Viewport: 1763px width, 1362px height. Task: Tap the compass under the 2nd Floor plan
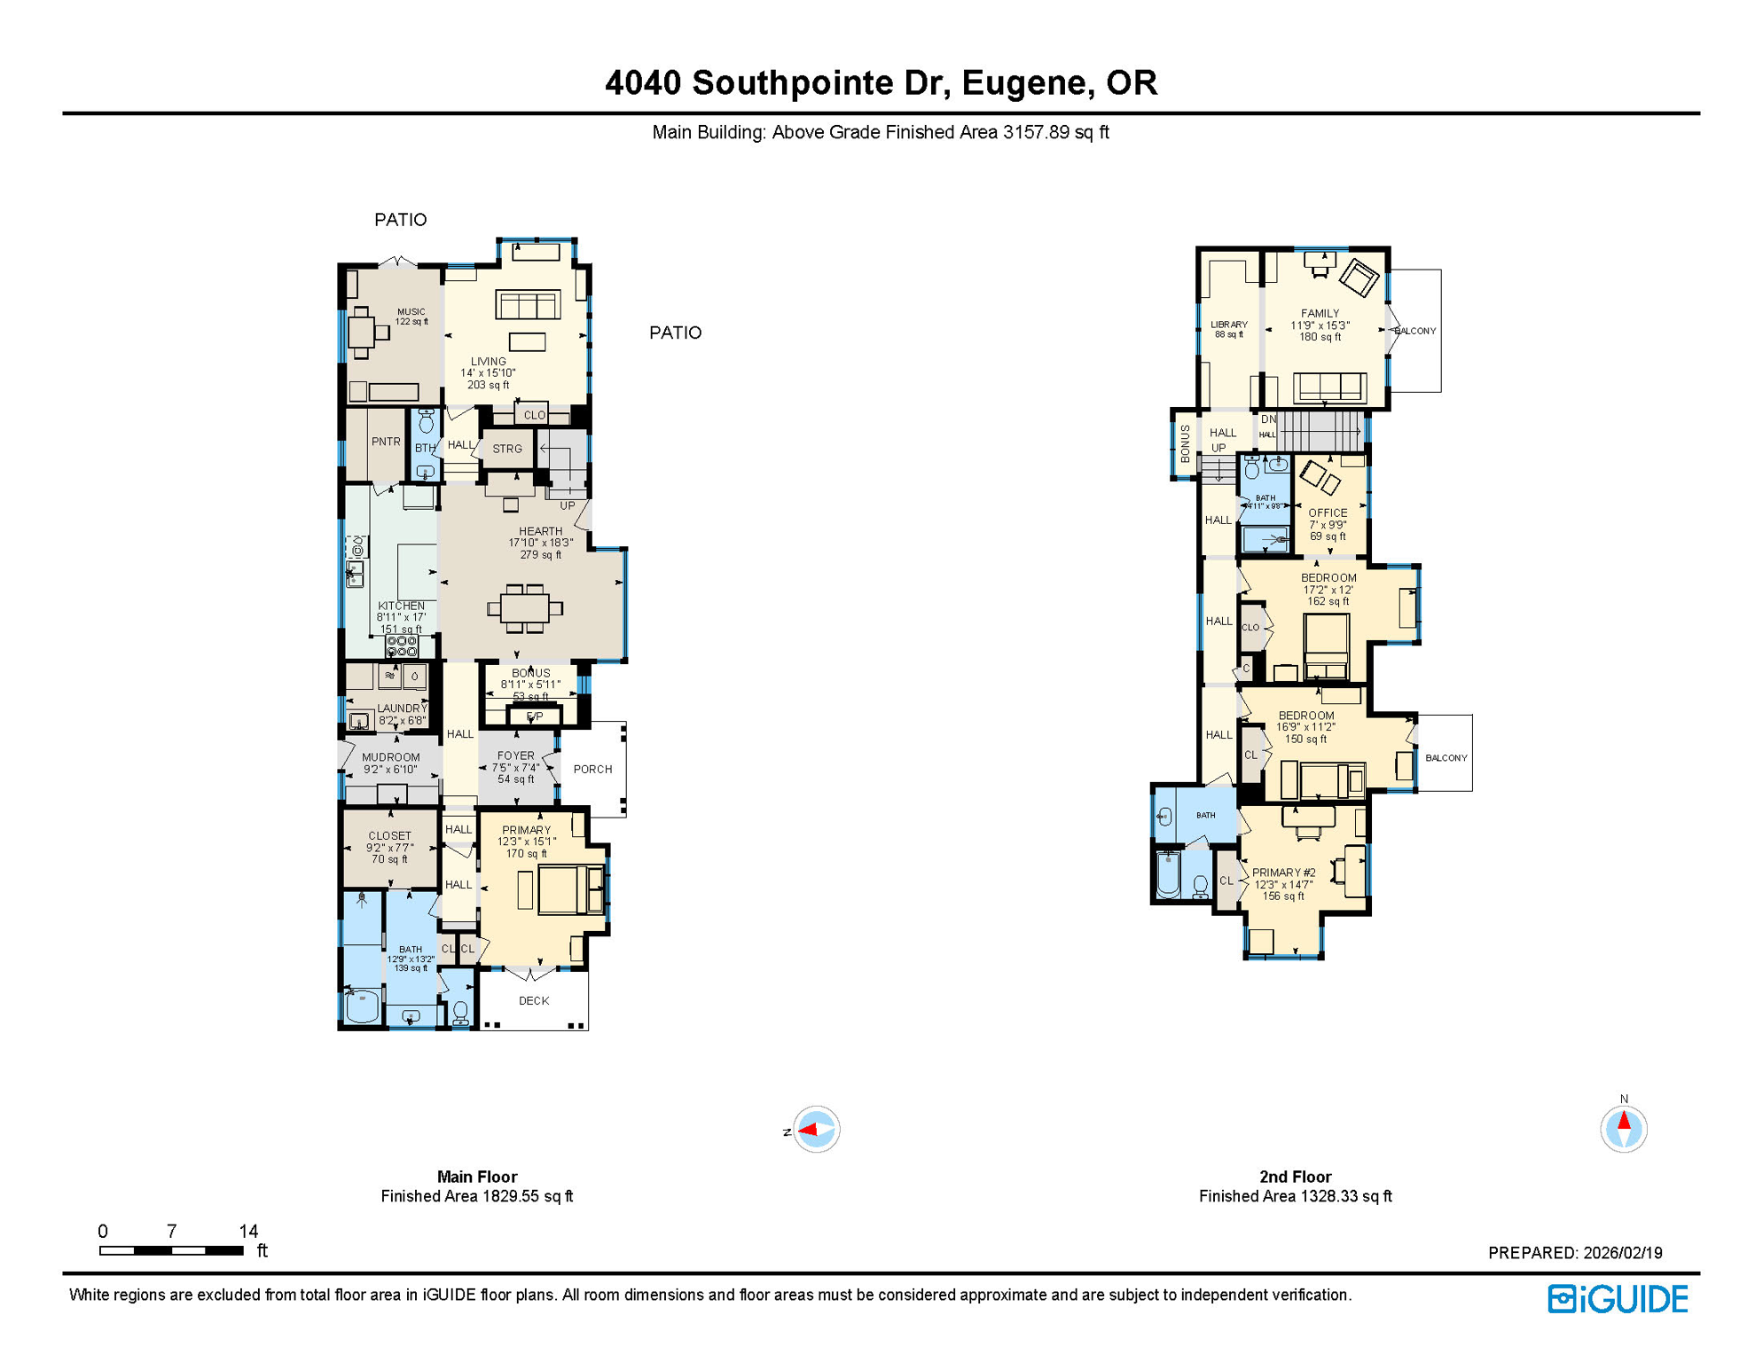(1623, 1129)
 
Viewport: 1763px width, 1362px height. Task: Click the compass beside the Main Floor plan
(815, 1129)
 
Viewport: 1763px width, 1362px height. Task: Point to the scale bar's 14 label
(248, 1231)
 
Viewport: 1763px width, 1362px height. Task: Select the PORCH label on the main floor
(592, 769)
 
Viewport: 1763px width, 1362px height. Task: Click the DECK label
(533, 1000)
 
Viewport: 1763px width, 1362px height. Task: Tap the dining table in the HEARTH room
(525, 608)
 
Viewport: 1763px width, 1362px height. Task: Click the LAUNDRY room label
(402, 708)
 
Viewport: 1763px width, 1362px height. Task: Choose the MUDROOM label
(390, 757)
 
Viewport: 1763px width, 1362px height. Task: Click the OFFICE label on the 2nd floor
(1327, 513)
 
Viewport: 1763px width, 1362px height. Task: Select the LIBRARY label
(1228, 325)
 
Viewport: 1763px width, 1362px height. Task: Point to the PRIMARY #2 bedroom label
(1283, 873)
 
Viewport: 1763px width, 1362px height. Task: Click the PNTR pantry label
(385, 442)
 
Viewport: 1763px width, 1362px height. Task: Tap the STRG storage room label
(506, 449)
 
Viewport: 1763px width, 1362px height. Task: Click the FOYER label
(515, 755)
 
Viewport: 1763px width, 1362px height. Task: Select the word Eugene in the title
(1024, 82)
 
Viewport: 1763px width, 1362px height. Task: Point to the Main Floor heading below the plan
(476, 1177)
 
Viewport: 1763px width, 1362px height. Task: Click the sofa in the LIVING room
(528, 305)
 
